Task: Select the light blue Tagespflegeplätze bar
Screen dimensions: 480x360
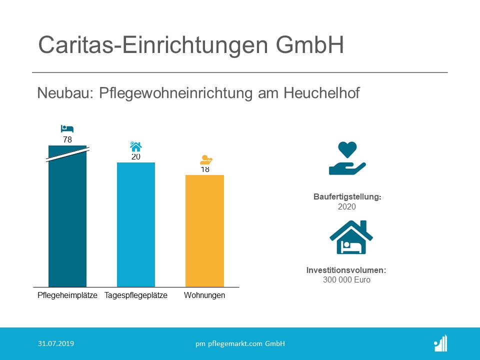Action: (136, 224)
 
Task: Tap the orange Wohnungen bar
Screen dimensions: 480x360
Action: (204, 231)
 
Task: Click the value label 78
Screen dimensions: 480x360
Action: (67, 139)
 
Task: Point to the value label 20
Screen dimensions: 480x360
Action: (136, 157)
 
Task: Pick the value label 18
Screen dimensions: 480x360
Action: (205, 169)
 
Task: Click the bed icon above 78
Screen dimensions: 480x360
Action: (67, 128)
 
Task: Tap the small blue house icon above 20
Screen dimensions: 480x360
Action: (135, 146)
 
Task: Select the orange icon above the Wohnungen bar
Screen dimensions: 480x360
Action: (206, 160)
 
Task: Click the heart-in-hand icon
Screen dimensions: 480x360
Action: (347, 158)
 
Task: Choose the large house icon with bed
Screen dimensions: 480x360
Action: (351, 237)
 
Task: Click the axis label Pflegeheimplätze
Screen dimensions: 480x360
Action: (67, 295)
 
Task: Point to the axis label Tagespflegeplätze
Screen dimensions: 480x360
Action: (136, 295)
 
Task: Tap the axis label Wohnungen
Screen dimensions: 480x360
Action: (204, 295)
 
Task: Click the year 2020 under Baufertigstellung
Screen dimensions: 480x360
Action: (347, 206)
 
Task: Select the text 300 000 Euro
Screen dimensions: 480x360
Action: (346, 280)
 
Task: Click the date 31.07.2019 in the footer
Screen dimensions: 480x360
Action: (56, 343)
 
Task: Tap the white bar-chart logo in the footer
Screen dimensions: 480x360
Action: (441, 343)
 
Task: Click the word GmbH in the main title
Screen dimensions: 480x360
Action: (310, 45)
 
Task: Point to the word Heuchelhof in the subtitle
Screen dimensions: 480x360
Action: (321, 93)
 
